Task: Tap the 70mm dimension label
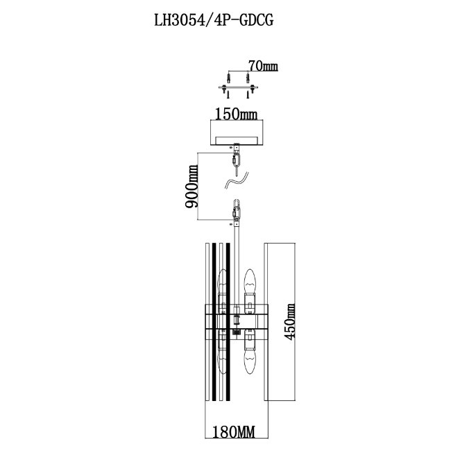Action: pyautogui.click(x=262, y=67)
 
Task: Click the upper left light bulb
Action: pyautogui.click(x=223, y=284)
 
